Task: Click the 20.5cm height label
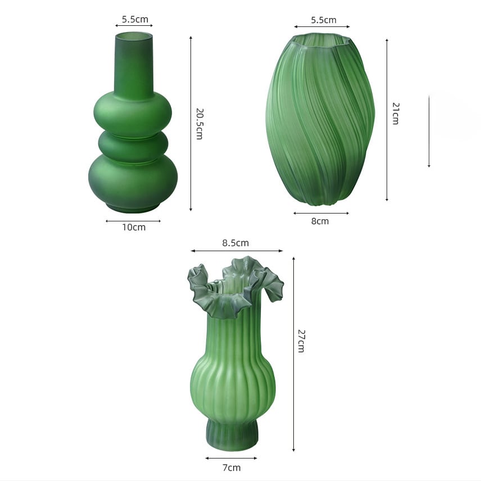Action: (x=199, y=124)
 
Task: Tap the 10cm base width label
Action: (x=134, y=228)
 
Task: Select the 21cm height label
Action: (x=396, y=114)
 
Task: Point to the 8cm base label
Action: (x=320, y=221)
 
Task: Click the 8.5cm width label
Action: (x=235, y=243)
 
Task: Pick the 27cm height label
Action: (x=301, y=341)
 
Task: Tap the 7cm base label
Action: (x=232, y=468)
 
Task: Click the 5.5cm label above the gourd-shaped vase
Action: (x=135, y=19)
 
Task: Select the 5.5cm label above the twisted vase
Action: (x=324, y=20)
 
